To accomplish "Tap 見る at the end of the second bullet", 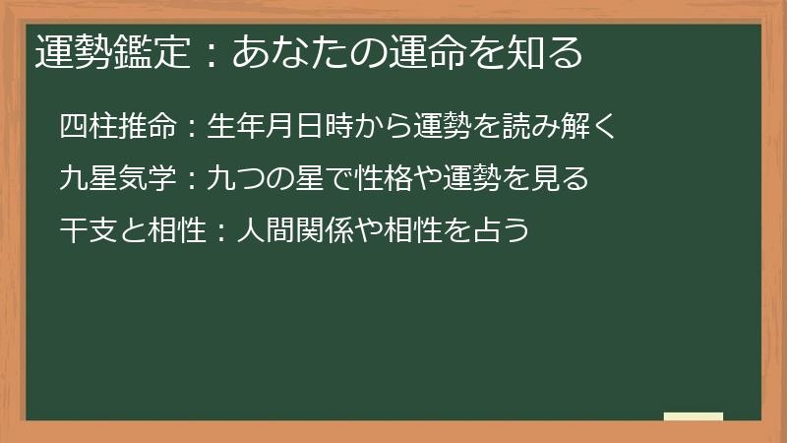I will (x=560, y=179).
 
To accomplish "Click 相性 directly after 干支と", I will (x=176, y=231).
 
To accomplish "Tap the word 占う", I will (x=503, y=231).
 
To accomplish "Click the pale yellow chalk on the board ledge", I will (x=694, y=416).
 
